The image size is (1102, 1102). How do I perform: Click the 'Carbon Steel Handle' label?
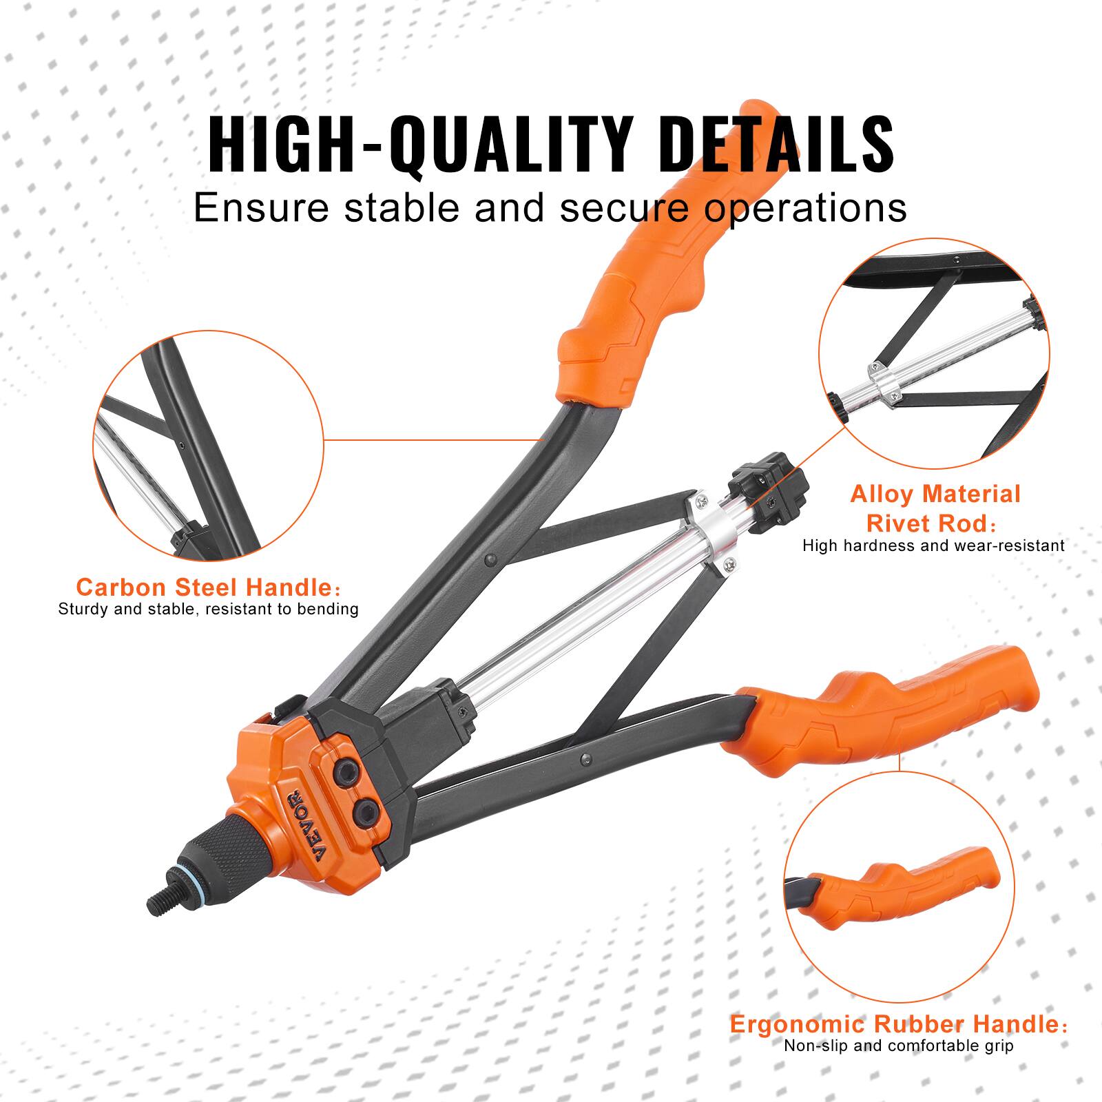pos(205,588)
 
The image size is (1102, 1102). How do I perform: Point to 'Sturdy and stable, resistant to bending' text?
pos(208,609)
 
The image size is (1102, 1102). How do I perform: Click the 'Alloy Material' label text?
pos(935,494)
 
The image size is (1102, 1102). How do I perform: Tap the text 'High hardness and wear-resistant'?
pos(933,545)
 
